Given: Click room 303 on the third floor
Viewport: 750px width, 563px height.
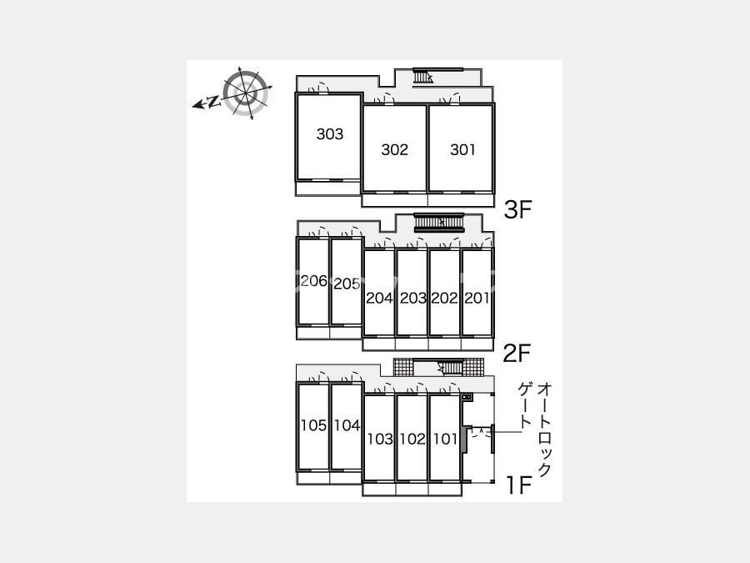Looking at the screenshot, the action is [328, 137].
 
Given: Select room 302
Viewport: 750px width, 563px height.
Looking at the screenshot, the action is [395, 148].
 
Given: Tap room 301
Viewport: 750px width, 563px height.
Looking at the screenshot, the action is [462, 148].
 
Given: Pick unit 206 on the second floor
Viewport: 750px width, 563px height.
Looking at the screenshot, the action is [313, 282].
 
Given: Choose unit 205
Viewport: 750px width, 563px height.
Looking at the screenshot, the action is [347, 282].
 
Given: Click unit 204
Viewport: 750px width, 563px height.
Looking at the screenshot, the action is [379, 293].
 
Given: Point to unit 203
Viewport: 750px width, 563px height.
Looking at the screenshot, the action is [412, 293].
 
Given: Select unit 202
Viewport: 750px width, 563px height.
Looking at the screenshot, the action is [445, 293].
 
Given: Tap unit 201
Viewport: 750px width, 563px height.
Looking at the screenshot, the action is [477, 293].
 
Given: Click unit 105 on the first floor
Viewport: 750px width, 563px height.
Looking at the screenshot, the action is [313, 426].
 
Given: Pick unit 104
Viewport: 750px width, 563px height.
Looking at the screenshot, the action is [347, 426].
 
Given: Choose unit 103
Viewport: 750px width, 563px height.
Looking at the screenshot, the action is [379, 438].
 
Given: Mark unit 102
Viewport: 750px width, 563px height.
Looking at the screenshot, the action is [412, 438].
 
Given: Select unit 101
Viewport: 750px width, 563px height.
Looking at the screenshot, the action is [445, 438].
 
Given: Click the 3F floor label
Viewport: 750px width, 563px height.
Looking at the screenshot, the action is [518, 209].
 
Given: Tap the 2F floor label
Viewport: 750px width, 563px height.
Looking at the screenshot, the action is [517, 354].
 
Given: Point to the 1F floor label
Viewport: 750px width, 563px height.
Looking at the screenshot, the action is [519, 485].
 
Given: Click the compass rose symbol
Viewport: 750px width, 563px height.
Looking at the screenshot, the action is [245, 93].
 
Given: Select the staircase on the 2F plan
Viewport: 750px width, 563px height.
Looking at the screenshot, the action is [439, 222].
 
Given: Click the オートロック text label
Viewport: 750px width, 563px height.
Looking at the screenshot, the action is [544, 430].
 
